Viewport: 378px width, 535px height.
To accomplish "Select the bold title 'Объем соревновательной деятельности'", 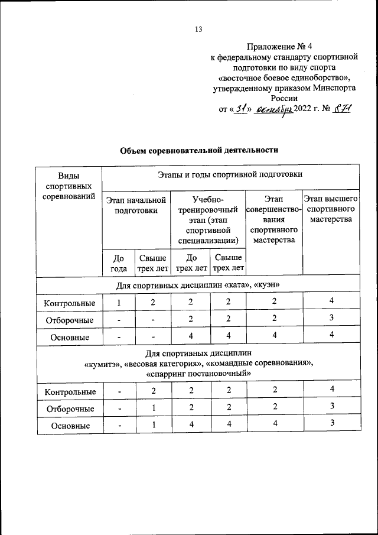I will click(x=199, y=150).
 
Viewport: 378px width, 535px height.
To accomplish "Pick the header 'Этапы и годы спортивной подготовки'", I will click(x=230, y=174).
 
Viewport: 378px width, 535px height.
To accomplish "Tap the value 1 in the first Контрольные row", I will click(x=118, y=303).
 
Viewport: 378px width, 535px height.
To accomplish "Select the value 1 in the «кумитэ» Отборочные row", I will click(x=153, y=408).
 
